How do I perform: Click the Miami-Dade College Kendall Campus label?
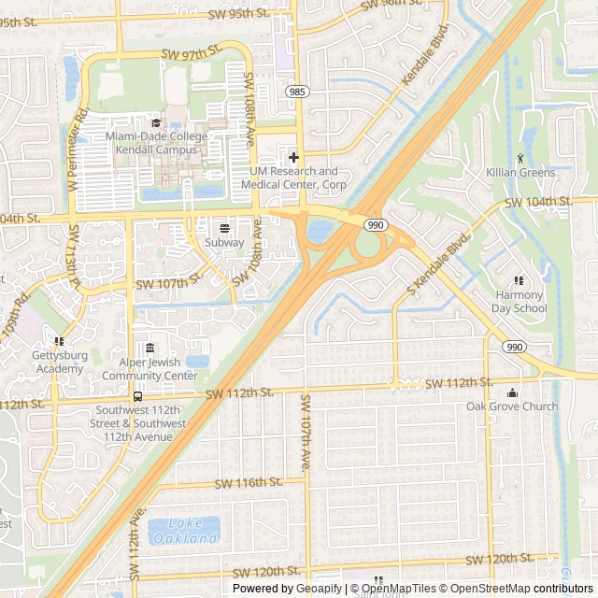point(156,143)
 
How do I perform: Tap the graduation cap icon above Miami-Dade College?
point(156,122)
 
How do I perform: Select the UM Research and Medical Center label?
point(290,178)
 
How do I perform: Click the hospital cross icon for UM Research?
point(293,157)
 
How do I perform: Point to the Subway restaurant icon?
point(224,228)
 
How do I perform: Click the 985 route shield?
point(296,92)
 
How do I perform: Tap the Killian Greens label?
point(520,173)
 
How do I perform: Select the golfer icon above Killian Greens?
point(520,158)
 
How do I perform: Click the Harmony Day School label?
point(520,302)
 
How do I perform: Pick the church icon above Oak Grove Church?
point(512,392)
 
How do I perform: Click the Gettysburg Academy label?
point(58,363)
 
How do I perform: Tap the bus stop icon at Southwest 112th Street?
point(138,397)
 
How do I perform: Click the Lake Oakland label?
point(183,532)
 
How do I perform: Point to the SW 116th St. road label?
point(248,482)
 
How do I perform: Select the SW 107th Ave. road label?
point(305,432)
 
